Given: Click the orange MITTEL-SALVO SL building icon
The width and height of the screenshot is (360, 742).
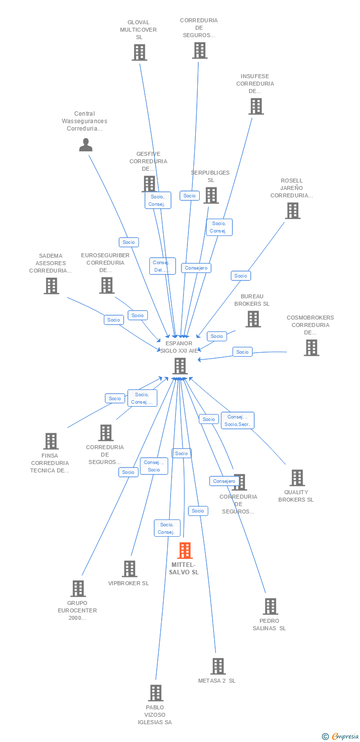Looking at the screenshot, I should coord(185,550).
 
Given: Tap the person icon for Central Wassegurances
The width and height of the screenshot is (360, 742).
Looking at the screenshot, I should coord(86,145).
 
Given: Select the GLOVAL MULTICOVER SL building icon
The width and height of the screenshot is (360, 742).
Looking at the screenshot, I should coord(139,52).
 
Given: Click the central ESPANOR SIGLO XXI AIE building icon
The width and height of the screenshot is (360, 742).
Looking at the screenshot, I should coord(180,366).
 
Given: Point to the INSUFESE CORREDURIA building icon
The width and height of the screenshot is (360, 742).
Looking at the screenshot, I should coord(256,106).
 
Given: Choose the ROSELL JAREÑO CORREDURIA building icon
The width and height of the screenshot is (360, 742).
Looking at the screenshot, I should coord(293,211).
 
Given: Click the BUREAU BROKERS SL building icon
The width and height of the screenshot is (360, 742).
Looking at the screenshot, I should coord(253,319).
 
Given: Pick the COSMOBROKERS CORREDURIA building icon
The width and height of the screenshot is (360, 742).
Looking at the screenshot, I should coord(311,348).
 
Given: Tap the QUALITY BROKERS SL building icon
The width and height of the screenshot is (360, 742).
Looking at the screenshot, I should coord(297,478).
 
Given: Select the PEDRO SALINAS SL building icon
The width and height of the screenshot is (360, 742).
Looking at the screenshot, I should coord(270,606).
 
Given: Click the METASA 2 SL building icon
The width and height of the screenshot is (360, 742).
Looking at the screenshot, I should coord(218,666).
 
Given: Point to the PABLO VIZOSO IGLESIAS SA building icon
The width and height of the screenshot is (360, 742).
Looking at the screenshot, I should coord(156,693).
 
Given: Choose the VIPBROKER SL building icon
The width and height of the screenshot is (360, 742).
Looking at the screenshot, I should coord(130,569).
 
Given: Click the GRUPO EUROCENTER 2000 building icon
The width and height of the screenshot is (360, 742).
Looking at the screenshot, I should coord(78,589).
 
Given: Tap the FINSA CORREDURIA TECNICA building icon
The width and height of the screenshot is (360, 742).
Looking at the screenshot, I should coord(51,441).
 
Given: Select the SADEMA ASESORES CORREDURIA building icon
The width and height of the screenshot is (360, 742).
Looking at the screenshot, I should coord(51,286).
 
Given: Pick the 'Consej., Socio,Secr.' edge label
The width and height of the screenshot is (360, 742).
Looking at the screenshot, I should coord(237,420).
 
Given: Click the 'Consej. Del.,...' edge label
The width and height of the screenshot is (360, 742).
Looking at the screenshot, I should coord(162,266).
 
